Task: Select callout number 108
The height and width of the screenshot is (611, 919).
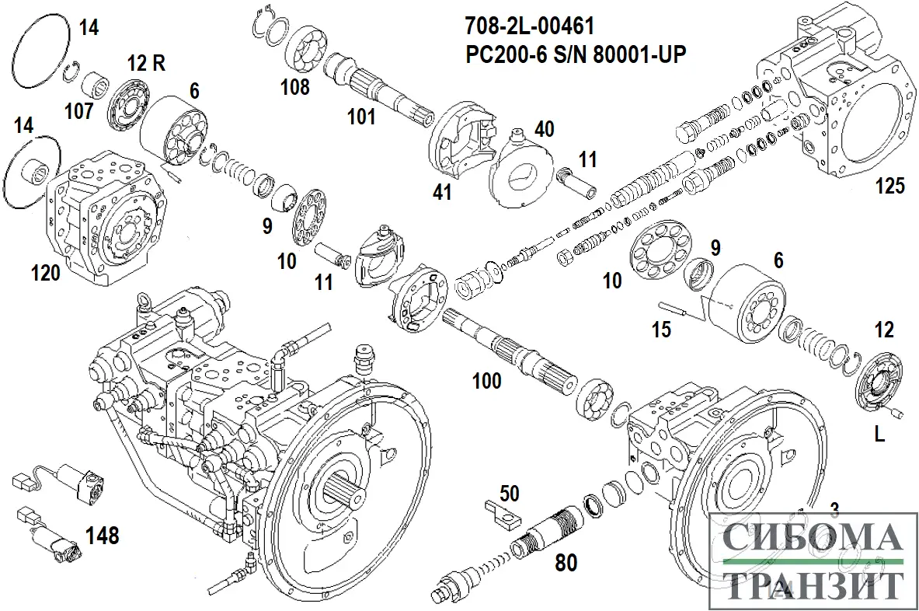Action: point(294,86)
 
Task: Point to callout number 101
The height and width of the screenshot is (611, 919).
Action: point(360,117)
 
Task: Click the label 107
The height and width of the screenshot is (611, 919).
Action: point(78,112)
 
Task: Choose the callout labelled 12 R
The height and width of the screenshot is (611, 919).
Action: point(146,63)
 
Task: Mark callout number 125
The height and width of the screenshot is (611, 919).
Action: point(890,186)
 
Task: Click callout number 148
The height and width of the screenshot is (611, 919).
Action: point(102,535)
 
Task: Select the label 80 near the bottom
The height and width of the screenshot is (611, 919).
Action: point(566,561)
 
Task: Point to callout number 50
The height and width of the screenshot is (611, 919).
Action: point(510,493)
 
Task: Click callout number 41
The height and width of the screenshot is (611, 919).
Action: point(442,191)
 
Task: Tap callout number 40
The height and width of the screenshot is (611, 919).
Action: point(544,129)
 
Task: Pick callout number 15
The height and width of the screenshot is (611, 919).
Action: point(660,330)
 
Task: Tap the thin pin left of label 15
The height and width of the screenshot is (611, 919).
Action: point(675,308)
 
